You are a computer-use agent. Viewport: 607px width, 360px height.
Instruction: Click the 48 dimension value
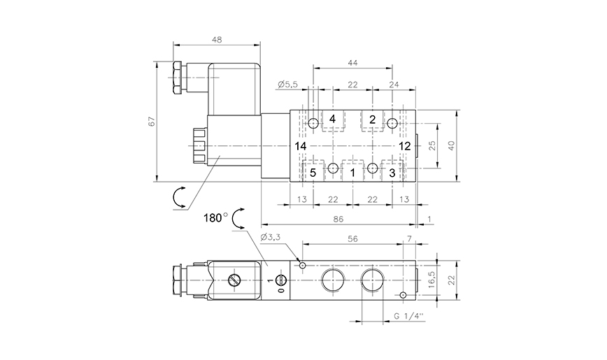pyautogui.click(x=217, y=41)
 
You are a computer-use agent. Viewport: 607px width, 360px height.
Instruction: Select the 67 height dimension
pyautogui.click(x=151, y=122)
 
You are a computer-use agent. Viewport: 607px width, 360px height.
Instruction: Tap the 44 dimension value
pyautogui.click(x=352, y=63)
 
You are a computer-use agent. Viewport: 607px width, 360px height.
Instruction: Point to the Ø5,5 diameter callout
pyautogui.click(x=287, y=85)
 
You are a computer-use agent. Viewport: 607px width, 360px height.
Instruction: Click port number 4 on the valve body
pyautogui.click(x=332, y=119)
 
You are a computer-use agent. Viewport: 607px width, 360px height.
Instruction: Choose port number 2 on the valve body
pyautogui.click(x=373, y=119)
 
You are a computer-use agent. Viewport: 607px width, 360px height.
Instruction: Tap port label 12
pyautogui.click(x=405, y=145)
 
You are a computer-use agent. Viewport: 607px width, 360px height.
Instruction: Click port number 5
pyautogui.click(x=313, y=171)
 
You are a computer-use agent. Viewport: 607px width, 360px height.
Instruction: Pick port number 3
pyautogui.click(x=392, y=171)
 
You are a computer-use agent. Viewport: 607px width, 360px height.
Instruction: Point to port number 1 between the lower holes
pyautogui.click(x=352, y=171)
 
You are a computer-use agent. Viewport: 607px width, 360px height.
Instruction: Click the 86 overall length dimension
pyautogui.click(x=338, y=219)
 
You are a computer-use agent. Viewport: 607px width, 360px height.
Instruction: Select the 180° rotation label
pyautogui.click(x=216, y=217)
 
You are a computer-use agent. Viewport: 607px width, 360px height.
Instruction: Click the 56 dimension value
pyautogui.click(x=353, y=238)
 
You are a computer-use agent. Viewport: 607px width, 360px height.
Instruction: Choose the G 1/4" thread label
pyautogui.click(x=408, y=316)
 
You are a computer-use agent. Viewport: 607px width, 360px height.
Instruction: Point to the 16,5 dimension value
pyautogui.click(x=432, y=280)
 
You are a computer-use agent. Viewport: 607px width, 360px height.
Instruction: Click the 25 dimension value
pyautogui.click(x=432, y=145)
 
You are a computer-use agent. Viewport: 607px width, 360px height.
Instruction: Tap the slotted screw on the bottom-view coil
pyautogui.click(x=235, y=280)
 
